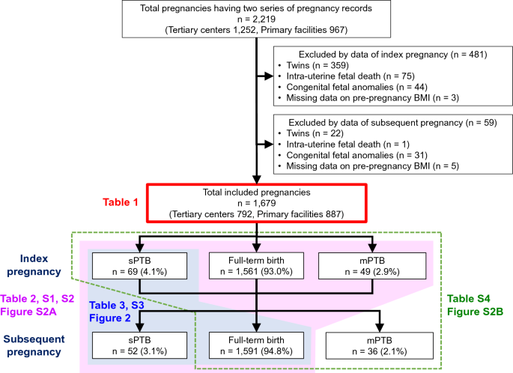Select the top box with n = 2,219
[x=256, y=19]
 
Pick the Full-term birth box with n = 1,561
[x=256, y=265]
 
